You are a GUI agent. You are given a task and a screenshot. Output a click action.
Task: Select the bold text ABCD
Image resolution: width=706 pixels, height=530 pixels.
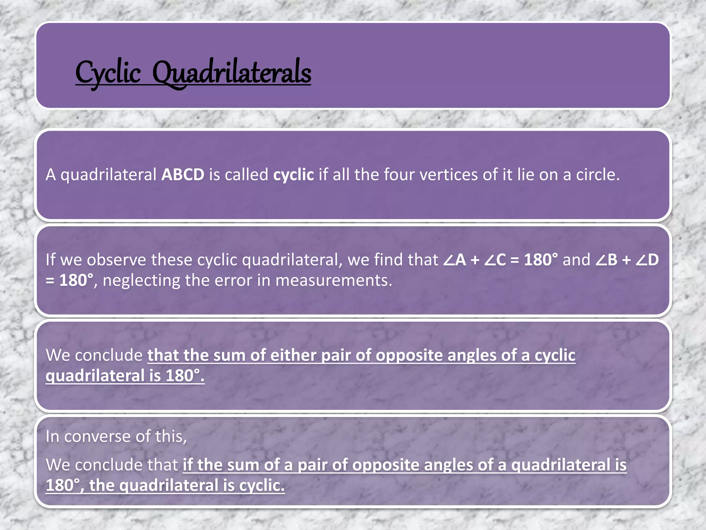183,175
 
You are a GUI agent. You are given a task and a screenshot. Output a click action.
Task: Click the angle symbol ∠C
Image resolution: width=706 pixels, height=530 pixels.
495,260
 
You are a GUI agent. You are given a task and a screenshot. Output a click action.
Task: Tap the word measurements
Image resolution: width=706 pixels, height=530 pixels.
334,281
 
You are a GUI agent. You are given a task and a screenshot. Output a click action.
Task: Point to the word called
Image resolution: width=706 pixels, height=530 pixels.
246,175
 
